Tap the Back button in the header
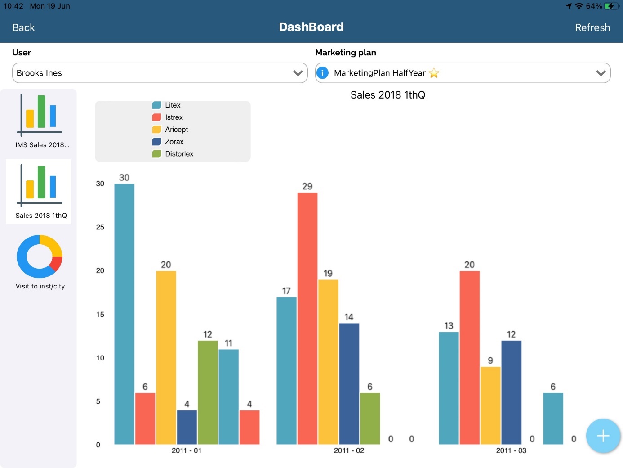tap(23, 27)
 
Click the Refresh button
tap(592, 27)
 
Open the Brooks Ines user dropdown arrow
tap(298, 73)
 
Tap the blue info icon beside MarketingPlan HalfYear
tap(322, 73)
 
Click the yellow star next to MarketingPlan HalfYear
tap(434, 73)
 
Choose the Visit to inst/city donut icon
tap(40, 256)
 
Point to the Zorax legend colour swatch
tap(156, 141)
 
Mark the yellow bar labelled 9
tap(490, 405)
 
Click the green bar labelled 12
tap(208, 392)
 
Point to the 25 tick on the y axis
tap(100, 227)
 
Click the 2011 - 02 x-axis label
tap(349, 450)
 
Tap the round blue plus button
tap(603, 436)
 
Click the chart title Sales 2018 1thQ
tap(387, 95)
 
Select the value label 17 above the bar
tap(286, 291)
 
